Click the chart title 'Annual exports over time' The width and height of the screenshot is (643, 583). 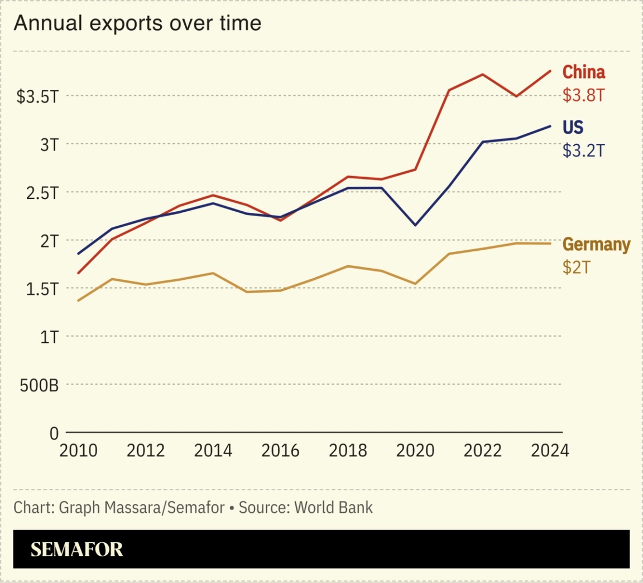(x=137, y=23)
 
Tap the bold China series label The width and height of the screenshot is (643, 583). (x=583, y=72)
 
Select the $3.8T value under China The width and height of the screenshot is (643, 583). (x=583, y=95)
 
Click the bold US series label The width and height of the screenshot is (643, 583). (x=573, y=128)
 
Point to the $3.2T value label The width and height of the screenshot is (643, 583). (x=583, y=150)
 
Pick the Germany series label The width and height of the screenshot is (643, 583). (x=596, y=245)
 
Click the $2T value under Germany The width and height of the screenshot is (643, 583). (x=576, y=268)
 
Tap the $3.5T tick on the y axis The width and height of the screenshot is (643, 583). (x=37, y=97)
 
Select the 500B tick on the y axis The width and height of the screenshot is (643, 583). (x=39, y=385)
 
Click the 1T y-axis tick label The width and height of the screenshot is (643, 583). (x=49, y=337)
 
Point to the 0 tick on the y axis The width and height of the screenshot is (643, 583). (x=54, y=433)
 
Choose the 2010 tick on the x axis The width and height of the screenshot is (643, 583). (x=78, y=450)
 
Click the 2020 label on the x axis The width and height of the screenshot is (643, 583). (x=415, y=450)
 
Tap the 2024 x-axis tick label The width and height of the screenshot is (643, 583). (x=550, y=450)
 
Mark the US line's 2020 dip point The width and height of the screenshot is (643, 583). (x=415, y=225)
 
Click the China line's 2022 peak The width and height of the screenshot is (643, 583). (x=483, y=74)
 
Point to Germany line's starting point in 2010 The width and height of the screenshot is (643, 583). (x=78, y=300)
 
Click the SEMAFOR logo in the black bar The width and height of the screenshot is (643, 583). (x=76, y=550)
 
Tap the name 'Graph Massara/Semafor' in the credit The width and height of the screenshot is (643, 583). (x=141, y=508)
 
